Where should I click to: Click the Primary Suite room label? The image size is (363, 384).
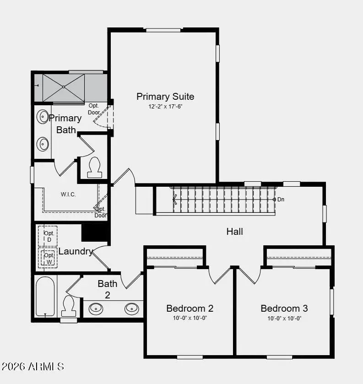click(x=165, y=97)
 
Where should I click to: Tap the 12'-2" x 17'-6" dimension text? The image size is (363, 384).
click(x=165, y=107)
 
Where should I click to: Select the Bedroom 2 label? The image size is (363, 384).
click(x=190, y=308)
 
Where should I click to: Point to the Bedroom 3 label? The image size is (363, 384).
click(x=284, y=308)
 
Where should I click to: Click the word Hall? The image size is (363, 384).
click(x=235, y=232)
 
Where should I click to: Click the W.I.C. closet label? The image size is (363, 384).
click(x=68, y=195)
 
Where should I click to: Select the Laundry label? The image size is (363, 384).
click(x=76, y=251)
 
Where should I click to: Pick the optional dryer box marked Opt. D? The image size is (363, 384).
click(x=48, y=236)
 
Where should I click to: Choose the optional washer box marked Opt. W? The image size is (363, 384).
click(x=48, y=258)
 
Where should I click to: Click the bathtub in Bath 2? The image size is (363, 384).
click(x=45, y=296)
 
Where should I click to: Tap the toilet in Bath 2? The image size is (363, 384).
click(x=69, y=306)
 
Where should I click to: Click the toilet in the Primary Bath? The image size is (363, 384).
click(x=95, y=168)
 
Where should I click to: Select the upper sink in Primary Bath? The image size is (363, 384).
click(x=43, y=117)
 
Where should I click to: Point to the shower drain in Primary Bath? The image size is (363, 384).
click(x=64, y=87)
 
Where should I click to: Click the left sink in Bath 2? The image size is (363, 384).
click(x=96, y=309)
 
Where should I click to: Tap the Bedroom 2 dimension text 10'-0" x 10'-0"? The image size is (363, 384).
click(x=190, y=318)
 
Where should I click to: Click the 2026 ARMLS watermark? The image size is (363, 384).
click(x=33, y=367)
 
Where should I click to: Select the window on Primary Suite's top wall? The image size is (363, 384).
click(x=163, y=30)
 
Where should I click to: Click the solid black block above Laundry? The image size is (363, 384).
click(x=95, y=233)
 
